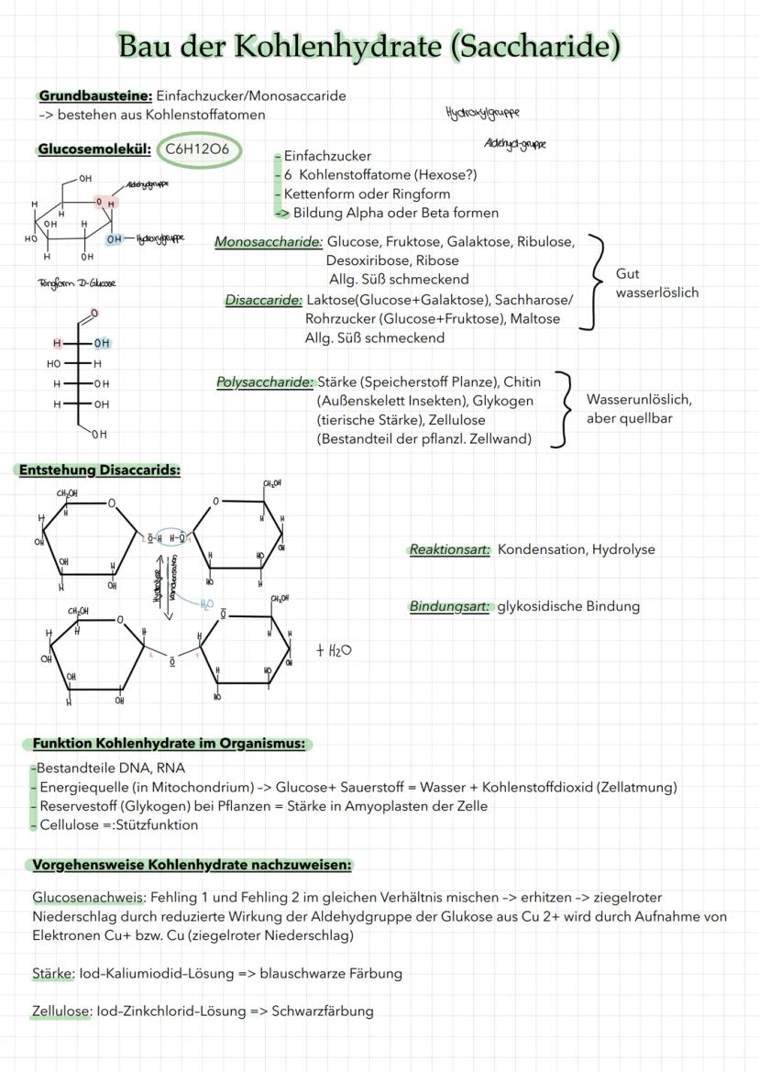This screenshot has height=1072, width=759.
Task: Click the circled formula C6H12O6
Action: pos(199,149)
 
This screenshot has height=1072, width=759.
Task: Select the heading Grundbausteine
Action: pos(95,95)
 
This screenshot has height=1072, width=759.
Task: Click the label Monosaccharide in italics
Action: pos(269,242)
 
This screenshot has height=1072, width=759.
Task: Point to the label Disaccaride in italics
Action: pos(264,300)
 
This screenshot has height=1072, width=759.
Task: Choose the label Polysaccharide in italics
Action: pos(266,381)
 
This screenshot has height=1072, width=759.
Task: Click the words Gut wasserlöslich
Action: pos(656,283)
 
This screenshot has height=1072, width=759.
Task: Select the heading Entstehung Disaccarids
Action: pos(100,470)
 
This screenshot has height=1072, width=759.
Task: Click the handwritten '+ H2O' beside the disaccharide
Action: pos(334,650)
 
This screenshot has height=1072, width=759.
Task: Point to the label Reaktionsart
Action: pos(449,549)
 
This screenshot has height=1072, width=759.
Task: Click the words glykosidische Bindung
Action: pos(568,606)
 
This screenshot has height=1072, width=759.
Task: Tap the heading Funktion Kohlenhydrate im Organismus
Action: pos(169,744)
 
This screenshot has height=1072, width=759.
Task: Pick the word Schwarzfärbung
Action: pos(323,1011)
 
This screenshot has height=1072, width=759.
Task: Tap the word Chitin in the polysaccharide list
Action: pos(522,381)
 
